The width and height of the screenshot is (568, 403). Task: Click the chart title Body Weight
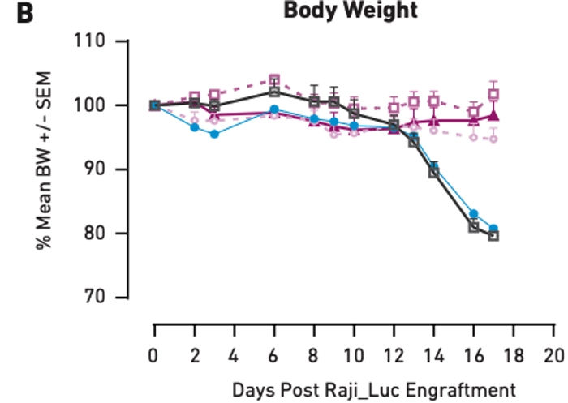[351, 11]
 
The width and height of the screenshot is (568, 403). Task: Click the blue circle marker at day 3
[214, 134]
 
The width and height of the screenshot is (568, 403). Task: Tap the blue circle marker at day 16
[474, 214]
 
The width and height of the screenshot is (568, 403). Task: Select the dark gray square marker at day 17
[493, 235]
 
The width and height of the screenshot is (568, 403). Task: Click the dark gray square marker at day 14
[434, 172]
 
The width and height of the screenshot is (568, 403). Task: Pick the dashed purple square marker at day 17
[493, 94]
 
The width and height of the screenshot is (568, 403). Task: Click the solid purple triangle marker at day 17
[493, 115]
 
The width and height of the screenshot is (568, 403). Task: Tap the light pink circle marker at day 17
[493, 139]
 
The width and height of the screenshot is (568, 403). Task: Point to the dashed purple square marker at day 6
[274, 80]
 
